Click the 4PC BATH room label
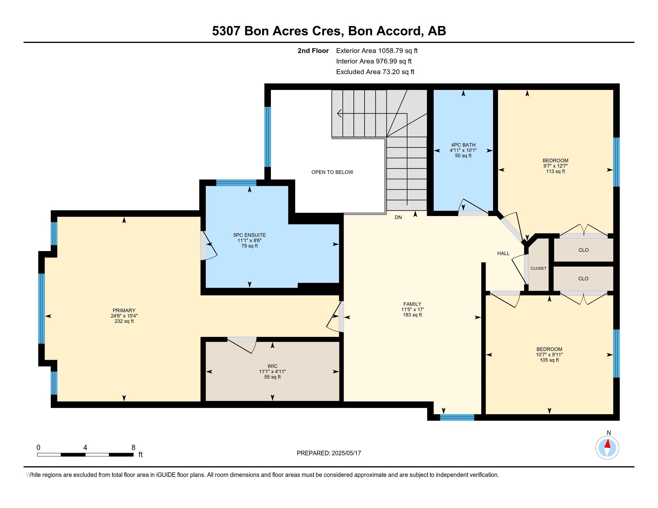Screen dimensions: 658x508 (463, 145)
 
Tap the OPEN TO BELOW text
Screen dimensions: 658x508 (332, 172)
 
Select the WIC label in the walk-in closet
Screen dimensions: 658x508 (272, 366)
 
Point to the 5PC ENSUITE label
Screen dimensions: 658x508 (249, 235)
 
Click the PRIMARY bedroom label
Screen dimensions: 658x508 (124, 310)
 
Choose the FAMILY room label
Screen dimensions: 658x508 (412, 304)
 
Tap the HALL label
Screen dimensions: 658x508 (503, 253)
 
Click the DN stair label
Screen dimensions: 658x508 (398, 217)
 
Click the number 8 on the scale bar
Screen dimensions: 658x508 (133, 448)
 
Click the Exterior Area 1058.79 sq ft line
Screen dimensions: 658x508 (377, 51)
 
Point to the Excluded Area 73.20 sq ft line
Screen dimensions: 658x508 (375, 72)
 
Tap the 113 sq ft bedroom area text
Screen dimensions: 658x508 (555, 171)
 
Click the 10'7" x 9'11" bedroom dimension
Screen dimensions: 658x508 (549, 354)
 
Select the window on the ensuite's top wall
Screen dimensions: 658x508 (236, 183)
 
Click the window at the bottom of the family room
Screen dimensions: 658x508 (457, 417)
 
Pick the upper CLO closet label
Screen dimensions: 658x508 (583, 250)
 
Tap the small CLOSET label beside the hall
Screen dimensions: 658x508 (538, 268)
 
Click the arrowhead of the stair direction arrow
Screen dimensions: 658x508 (339, 114)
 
